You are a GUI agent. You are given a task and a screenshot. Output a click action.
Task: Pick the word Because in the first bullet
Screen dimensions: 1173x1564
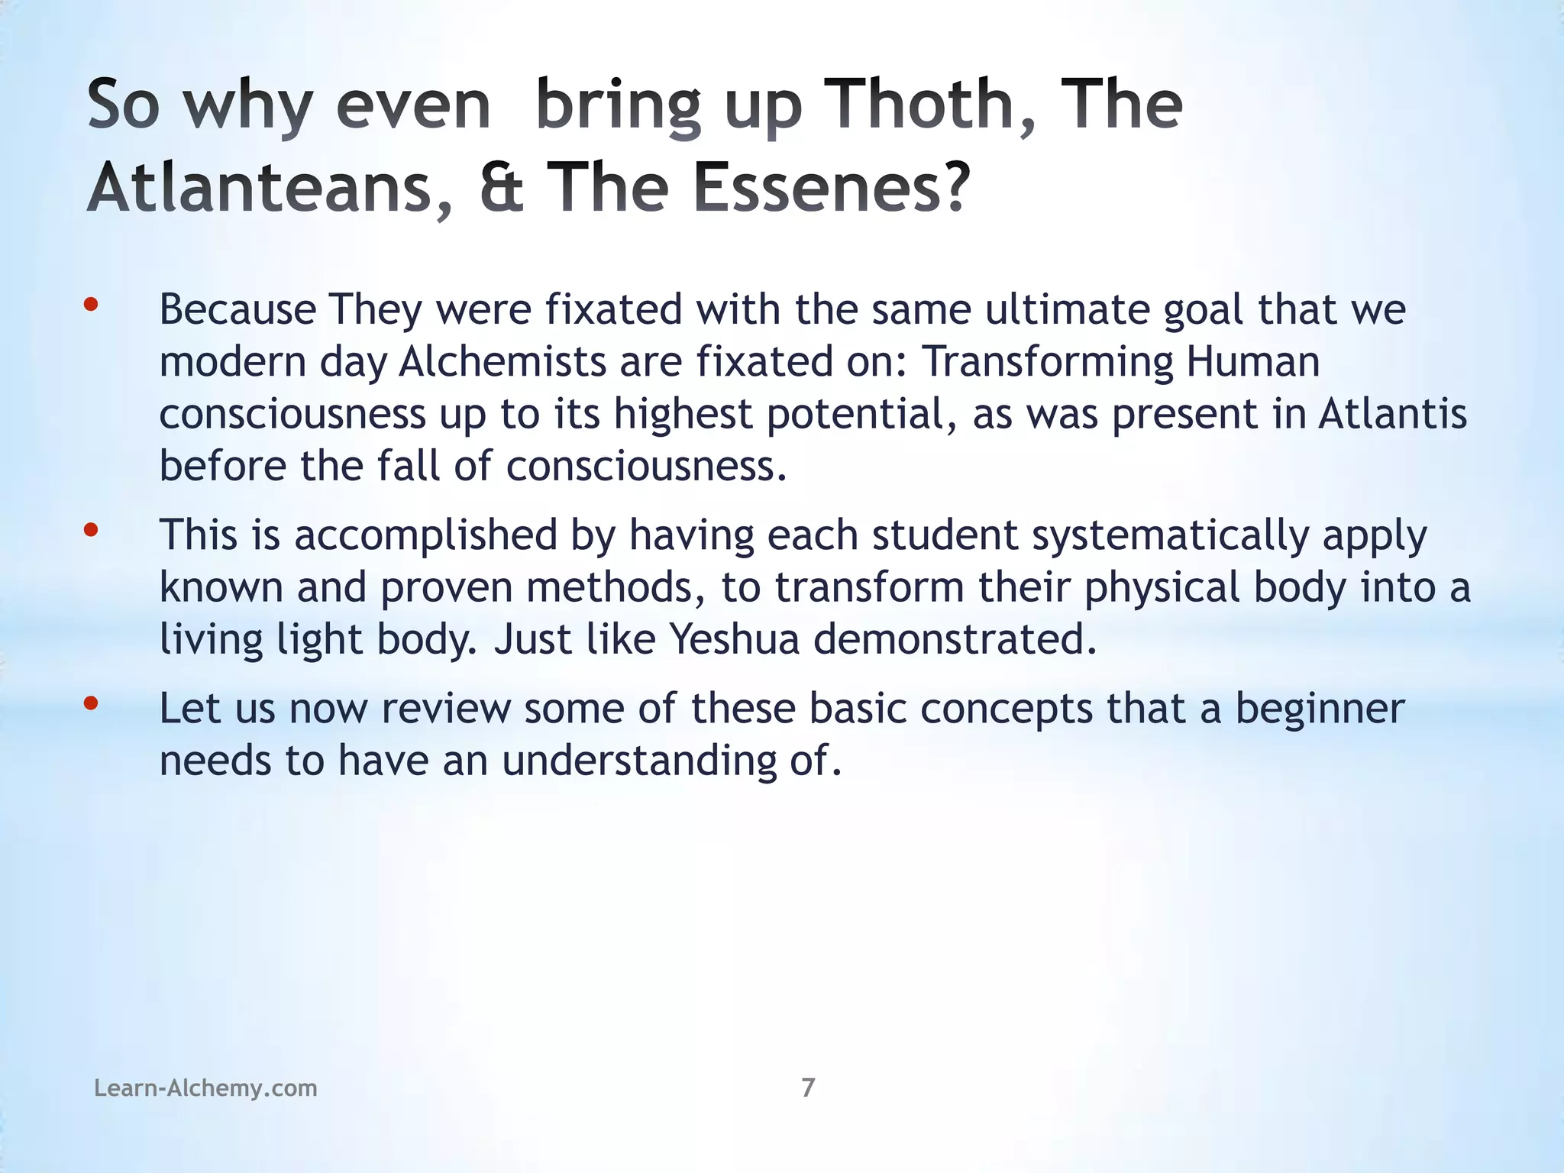(238, 310)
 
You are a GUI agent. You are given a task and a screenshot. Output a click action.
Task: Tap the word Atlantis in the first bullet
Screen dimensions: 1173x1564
(1392, 414)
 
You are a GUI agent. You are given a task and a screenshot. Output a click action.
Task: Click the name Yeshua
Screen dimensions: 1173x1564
(734, 639)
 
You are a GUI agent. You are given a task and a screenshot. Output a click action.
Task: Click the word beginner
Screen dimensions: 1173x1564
(1320, 709)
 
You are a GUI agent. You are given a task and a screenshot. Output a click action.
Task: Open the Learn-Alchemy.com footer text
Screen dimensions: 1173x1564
(205, 1087)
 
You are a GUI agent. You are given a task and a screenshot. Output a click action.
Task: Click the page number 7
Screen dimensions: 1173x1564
(808, 1087)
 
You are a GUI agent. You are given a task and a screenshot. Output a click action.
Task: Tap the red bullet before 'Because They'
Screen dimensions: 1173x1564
(91, 305)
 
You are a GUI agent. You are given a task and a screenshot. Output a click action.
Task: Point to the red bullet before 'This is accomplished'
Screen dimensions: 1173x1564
(91, 529)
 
